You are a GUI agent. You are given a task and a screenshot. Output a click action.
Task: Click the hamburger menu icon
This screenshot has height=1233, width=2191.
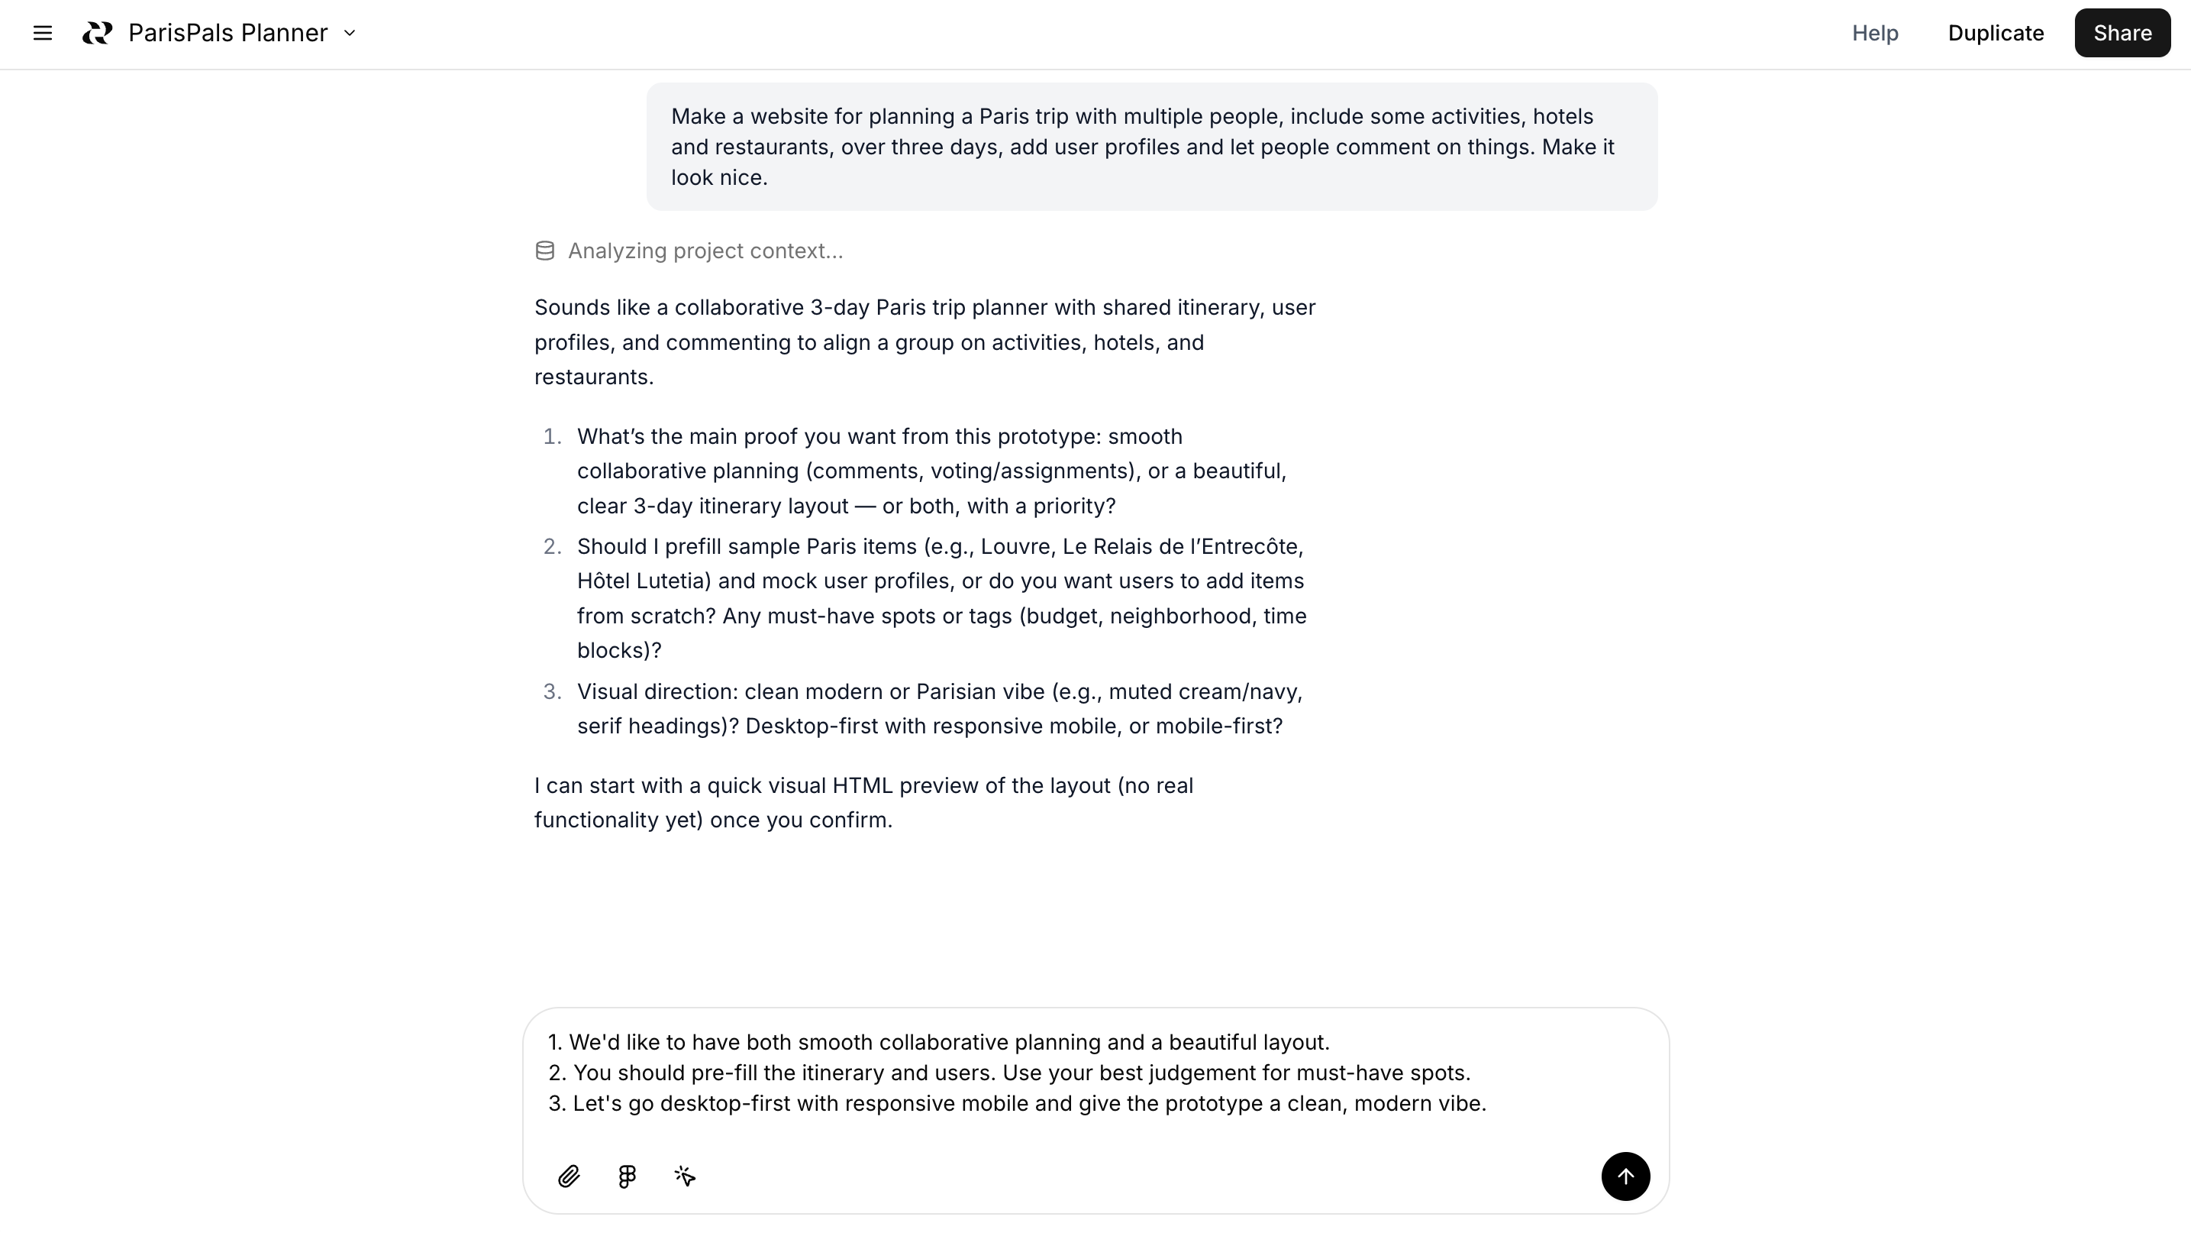click(43, 33)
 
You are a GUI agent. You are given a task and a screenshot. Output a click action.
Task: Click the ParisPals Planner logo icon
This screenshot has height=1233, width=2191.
click(97, 33)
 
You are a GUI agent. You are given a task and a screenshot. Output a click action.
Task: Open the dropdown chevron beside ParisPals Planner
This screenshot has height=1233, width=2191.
click(350, 33)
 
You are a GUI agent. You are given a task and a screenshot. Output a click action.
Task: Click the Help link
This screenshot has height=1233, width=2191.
click(1875, 33)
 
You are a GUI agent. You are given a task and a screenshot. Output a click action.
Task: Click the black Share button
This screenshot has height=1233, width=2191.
click(2122, 33)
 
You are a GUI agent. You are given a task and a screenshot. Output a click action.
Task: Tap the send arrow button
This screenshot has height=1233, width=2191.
click(1625, 1176)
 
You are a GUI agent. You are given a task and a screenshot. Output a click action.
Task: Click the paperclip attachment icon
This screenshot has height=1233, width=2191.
click(569, 1176)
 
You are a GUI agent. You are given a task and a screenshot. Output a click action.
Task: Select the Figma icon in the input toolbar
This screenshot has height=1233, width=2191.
click(627, 1176)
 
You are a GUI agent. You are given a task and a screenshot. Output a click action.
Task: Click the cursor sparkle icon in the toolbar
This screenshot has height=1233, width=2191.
click(685, 1176)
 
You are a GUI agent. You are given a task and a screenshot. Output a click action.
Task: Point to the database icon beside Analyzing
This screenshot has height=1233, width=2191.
click(545, 251)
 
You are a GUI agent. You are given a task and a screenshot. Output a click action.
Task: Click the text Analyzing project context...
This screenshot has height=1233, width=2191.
click(705, 251)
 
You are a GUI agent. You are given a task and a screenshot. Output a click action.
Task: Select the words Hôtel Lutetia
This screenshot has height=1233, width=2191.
click(643, 581)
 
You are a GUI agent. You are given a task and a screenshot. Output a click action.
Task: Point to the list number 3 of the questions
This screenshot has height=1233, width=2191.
click(552, 692)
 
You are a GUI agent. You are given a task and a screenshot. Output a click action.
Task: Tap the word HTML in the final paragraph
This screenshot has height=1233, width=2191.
click(862, 785)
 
